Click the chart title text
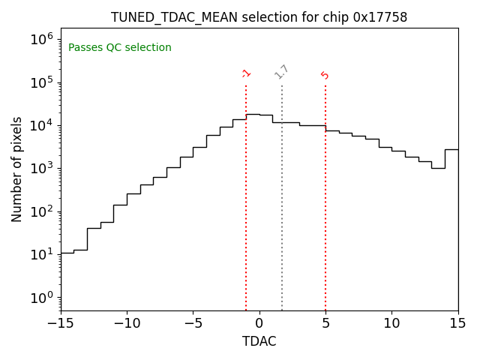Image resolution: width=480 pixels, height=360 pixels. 259,16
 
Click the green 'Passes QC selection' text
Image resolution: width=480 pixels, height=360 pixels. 120,48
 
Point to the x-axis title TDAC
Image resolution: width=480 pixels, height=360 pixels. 259,341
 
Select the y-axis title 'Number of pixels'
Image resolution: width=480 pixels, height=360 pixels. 17,169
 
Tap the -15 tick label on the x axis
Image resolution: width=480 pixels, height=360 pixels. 61,322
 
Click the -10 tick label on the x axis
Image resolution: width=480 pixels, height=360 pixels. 127,322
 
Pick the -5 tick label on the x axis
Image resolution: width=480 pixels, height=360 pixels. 193,322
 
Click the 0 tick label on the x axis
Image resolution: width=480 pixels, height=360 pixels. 259,322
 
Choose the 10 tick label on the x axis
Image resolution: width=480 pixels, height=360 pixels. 391,322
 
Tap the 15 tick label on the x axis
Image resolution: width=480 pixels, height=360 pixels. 457,322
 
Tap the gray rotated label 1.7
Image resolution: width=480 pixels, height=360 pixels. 281,72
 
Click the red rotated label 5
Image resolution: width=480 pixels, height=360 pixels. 325,75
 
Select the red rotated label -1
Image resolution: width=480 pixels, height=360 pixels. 245,73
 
